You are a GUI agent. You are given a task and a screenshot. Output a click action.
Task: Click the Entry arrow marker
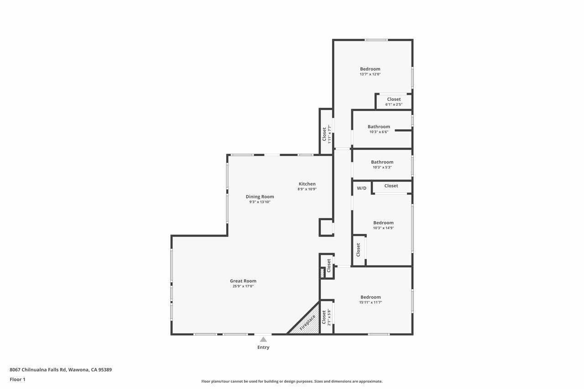click(x=263, y=339)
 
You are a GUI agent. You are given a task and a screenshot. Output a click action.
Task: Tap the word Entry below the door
click(x=263, y=348)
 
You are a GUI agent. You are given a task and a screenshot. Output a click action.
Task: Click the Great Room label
click(x=243, y=281)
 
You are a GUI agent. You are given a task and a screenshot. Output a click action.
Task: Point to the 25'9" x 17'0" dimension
click(x=243, y=286)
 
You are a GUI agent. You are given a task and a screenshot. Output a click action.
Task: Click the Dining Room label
click(x=260, y=197)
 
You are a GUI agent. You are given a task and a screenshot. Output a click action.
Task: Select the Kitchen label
click(x=307, y=184)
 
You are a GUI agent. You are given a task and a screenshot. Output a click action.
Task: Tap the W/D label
click(x=361, y=188)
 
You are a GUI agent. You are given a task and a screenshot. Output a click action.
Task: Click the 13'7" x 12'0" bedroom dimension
click(x=370, y=74)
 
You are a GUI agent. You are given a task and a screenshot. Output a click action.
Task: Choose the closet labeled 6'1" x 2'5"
click(x=394, y=102)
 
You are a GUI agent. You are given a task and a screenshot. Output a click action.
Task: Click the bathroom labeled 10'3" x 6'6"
click(x=379, y=130)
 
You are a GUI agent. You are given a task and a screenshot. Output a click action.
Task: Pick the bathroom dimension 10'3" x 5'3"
click(x=382, y=167)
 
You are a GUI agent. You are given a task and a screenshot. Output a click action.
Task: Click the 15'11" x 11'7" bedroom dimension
click(x=370, y=302)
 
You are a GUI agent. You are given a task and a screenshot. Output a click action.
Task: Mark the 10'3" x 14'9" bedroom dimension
click(x=383, y=228)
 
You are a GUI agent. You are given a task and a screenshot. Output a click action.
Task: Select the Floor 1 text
click(x=17, y=379)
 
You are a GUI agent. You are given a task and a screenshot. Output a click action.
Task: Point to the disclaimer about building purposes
click(x=292, y=381)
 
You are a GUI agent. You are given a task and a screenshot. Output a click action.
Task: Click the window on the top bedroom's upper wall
click(x=376, y=40)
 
